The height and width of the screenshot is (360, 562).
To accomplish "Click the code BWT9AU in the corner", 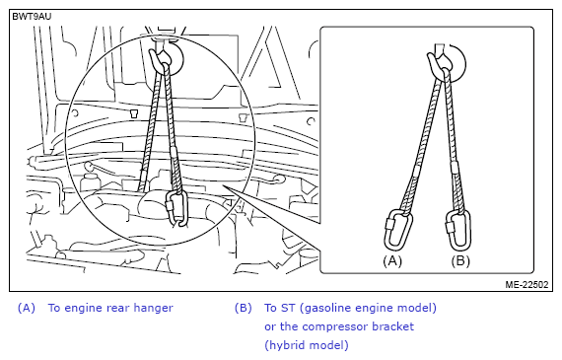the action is [x=32, y=17].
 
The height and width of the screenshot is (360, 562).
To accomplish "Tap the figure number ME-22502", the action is [x=527, y=284].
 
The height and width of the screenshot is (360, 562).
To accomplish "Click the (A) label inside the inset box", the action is [x=392, y=260].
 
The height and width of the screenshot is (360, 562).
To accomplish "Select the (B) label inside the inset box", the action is [x=460, y=260].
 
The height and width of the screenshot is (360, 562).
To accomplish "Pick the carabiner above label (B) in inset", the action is [x=448, y=230].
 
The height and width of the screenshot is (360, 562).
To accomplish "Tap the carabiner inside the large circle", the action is [x=169, y=208].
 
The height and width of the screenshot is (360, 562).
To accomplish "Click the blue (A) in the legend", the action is [x=27, y=308].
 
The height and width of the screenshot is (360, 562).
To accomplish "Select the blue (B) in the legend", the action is [x=244, y=308].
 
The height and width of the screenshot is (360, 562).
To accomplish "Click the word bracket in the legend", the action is [x=392, y=326].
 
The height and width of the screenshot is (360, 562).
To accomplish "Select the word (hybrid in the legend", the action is [x=285, y=345].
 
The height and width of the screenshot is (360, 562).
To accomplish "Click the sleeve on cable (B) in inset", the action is [x=455, y=167].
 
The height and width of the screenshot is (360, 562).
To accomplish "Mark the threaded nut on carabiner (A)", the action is [x=388, y=224].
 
